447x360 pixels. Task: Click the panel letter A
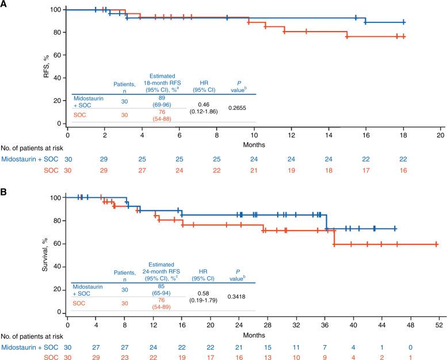coord(4,5)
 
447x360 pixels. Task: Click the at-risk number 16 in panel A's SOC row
coord(403,170)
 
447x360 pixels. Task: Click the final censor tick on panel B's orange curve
coord(436,244)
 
